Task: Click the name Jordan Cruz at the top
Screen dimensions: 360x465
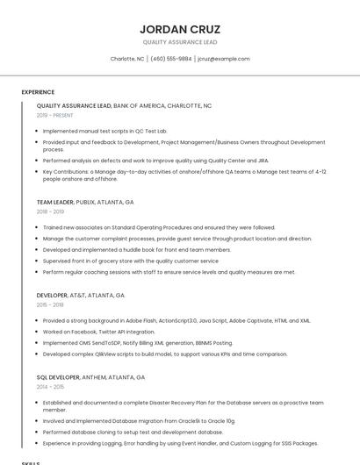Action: point(180,29)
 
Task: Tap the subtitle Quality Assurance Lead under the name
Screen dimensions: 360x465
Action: point(180,42)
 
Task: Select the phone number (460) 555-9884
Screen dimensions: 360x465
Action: point(170,59)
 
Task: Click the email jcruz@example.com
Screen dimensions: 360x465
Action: point(224,59)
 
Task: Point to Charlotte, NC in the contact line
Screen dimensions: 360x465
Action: point(127,59)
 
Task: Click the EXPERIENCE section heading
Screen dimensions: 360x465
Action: point(38,92)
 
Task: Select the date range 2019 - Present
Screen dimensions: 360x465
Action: point(54,115)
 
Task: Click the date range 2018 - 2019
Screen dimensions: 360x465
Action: point(50,211)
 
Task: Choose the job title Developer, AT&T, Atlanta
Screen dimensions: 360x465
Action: point(81,296)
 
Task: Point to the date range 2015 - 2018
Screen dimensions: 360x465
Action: point(50,305)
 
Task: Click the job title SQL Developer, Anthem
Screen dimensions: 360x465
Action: point(91,377)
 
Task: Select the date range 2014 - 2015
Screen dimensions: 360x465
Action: point(50,387)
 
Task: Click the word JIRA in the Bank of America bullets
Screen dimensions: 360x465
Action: point(262,161)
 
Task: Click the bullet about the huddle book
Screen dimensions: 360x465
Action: point(137,249)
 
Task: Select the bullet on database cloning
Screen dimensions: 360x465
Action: point(133,432)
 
